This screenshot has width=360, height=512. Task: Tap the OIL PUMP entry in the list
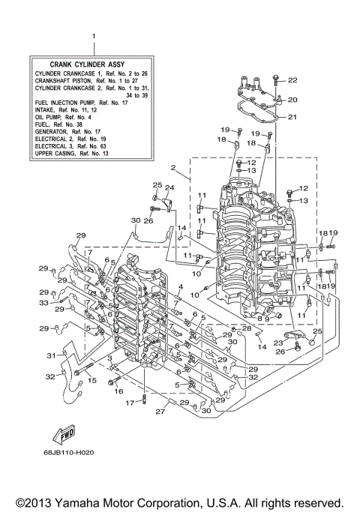(x=64, y=117)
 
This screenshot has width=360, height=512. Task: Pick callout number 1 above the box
(x=94, y=36)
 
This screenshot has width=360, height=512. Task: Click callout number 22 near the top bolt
(x=292, y=80)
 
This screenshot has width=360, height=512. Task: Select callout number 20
(x=292, y=100)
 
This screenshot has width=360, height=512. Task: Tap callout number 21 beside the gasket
(x=292, y=117)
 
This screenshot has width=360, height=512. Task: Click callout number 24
(x=169, y=187)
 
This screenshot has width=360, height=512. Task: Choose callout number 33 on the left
(x=43, y=303)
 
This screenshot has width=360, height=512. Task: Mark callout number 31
(x=52, y=355)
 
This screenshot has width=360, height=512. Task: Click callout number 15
(x=92, y=381)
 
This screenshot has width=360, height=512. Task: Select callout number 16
(x=118, y=391)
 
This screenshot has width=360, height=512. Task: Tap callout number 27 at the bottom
(x=158, y=412)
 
